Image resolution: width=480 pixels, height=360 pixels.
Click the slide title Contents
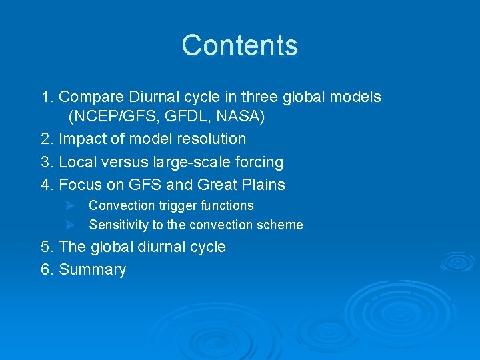(x=239, y=45)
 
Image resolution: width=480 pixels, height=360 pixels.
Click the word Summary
(x=93, y=270)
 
